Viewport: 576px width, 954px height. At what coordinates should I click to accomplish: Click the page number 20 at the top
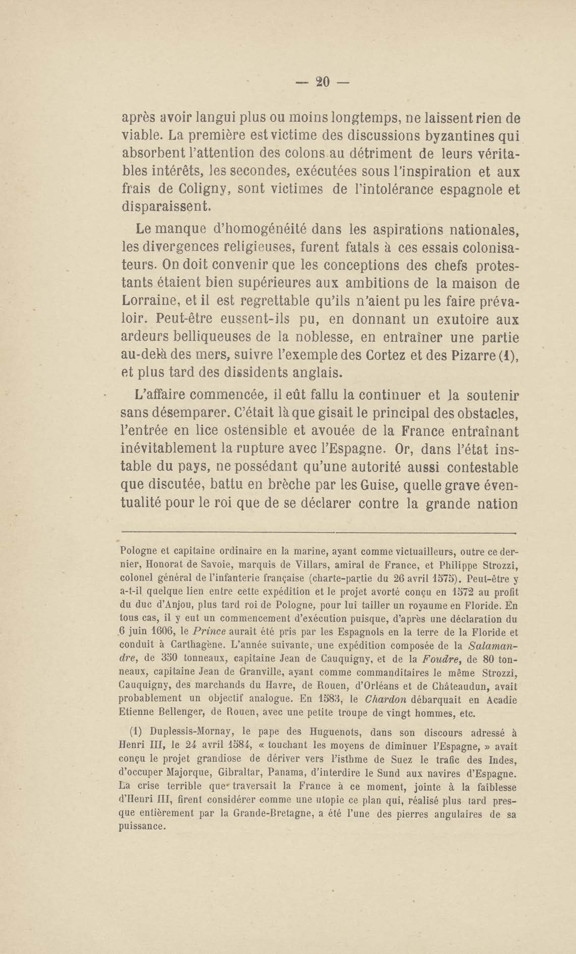322,82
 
